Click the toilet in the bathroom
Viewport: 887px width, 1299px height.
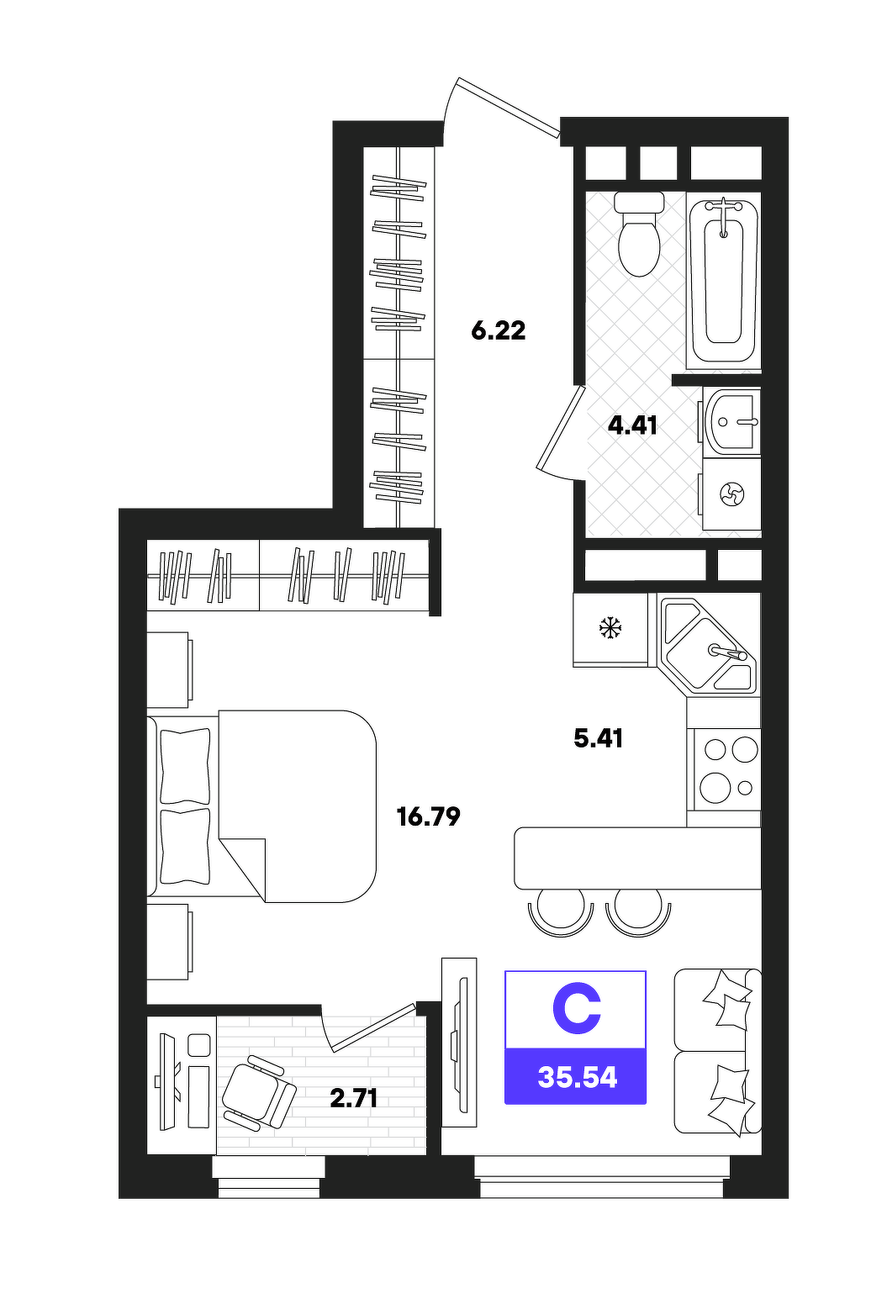tap(639, 234)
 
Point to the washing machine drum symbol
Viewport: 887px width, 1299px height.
tap(731, 494)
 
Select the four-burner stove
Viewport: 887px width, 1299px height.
tap(724, 769)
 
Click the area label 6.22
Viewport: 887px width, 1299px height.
tap(498, 330)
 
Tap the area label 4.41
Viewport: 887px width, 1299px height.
tap(632, 426)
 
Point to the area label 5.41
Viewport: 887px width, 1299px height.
tap(599, 739)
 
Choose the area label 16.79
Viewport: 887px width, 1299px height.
tap(429, 816)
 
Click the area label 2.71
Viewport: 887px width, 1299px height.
tap(354, 1098)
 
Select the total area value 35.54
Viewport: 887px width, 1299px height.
tap(578, 1078)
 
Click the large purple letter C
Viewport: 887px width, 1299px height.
tap(576, 1011)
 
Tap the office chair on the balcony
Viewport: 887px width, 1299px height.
tap(259, 1092)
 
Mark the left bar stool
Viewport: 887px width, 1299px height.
tap(561, 919)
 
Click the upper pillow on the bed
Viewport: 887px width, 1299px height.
tap(185, 765)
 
